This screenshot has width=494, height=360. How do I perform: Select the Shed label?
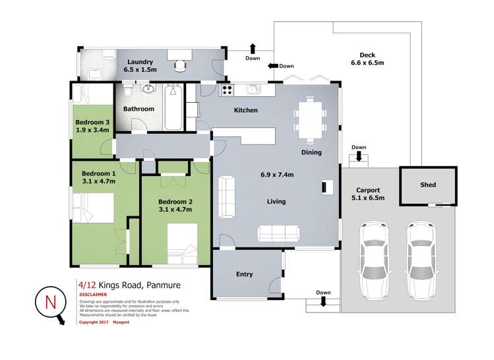coord(428,185)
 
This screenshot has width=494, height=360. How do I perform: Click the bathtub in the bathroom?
coord(174,107)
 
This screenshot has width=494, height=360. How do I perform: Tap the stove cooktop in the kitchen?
coord(227,90)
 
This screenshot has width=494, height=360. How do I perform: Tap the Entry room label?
coord(244,274)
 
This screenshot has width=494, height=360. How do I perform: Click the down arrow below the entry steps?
coord(323,301)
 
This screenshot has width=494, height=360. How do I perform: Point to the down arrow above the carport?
coord(359,156)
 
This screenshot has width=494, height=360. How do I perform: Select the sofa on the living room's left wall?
coord(226,196)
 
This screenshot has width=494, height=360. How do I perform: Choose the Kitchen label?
coord(246,110)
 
